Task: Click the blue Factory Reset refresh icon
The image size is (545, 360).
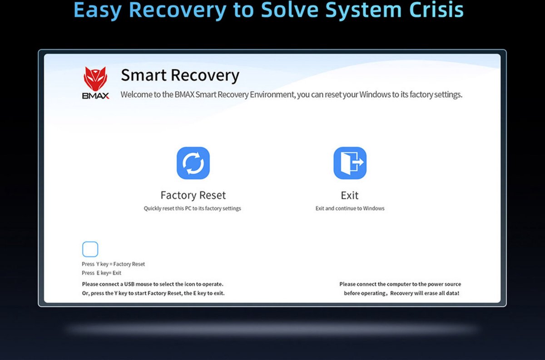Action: [x=193, y=163]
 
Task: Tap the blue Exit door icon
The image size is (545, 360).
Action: [x=350, y=163]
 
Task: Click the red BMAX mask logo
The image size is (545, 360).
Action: [x=95, y=79]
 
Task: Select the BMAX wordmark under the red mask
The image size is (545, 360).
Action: [x=96, y=96]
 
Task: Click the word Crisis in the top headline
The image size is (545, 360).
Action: [x=436, y=10]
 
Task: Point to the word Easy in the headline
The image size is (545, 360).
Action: [x=98, y=11]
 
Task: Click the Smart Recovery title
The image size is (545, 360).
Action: [x=180, y=75]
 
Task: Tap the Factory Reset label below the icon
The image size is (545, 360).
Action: [x=193, y=195]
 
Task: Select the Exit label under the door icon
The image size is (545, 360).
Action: [x=350, y=195]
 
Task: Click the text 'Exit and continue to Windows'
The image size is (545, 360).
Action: [x=350, y=208]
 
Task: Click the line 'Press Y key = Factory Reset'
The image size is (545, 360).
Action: [x=113, y=264]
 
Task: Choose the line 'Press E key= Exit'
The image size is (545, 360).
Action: [x=101, y=273]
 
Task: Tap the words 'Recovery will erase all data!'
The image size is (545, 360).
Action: [x=425, y=293]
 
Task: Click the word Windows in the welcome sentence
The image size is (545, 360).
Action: [x=375, y=94]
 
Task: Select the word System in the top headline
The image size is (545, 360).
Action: [x=363, y=11]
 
